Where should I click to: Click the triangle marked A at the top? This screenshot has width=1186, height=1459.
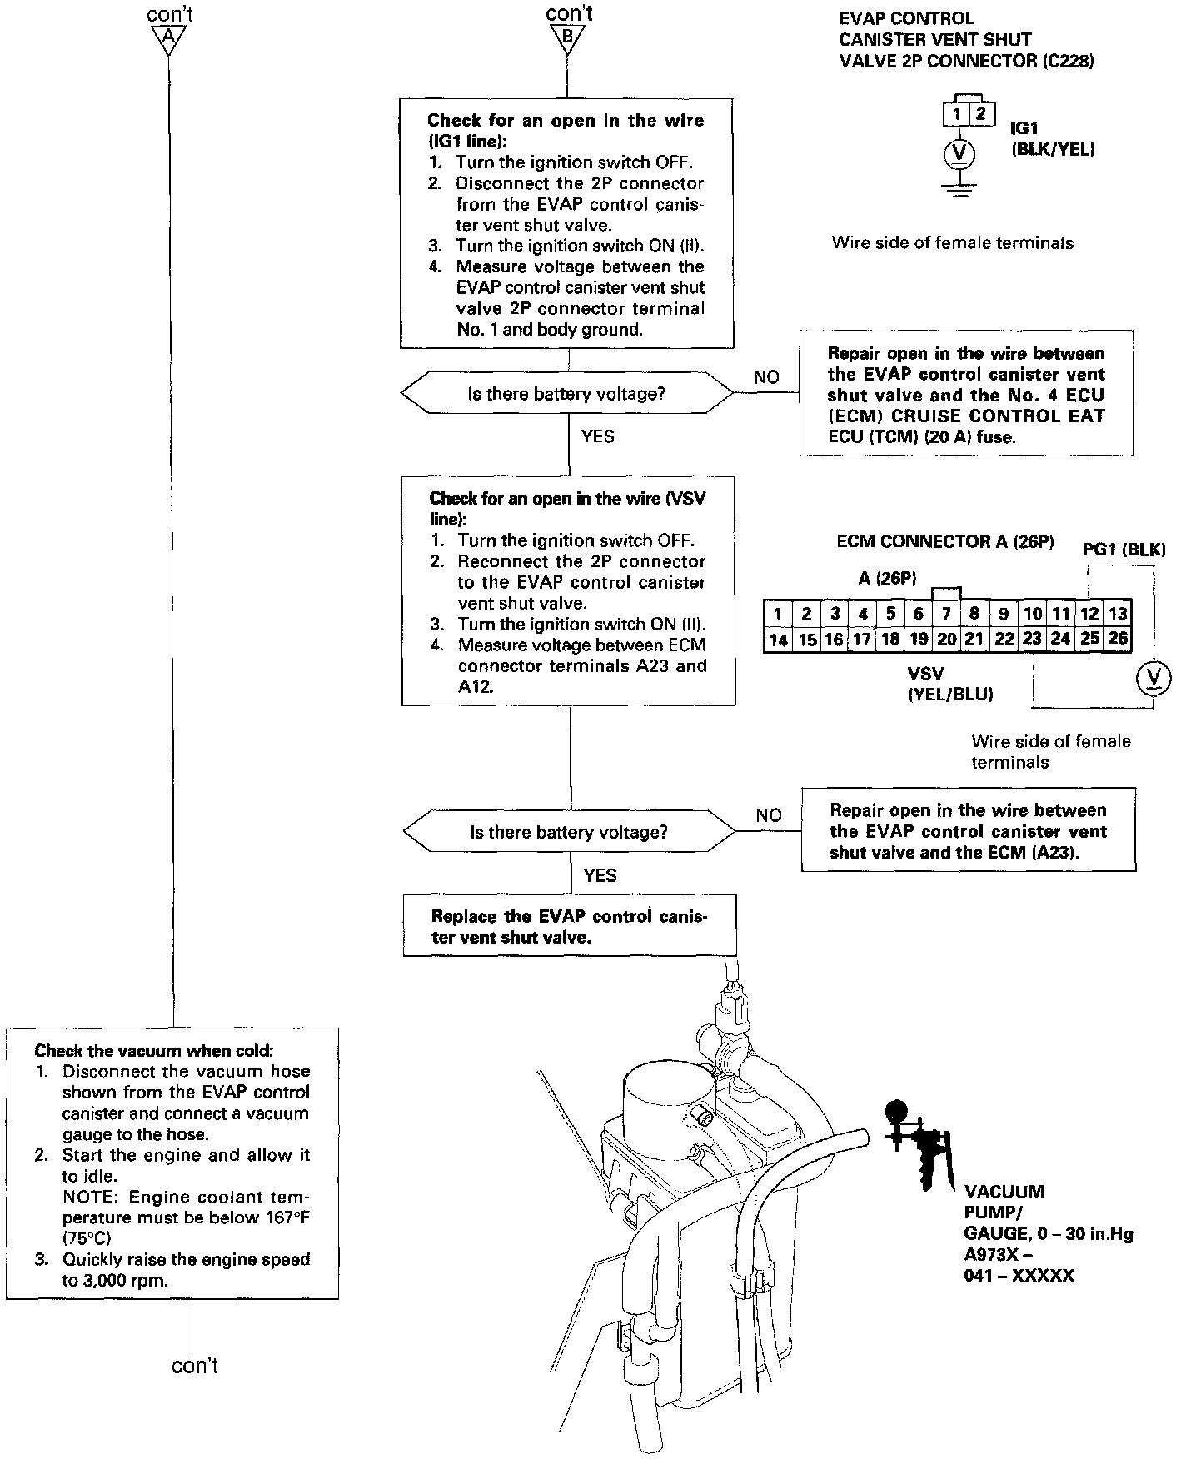[x=169, y=37]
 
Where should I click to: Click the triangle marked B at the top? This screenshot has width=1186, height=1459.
[x=568, y=37]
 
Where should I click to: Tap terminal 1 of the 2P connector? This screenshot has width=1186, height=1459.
[x=959, y=113]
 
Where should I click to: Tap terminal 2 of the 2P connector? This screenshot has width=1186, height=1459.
[x=980, y=113]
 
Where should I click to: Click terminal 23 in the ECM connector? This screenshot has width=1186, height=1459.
[x=1032, y=639]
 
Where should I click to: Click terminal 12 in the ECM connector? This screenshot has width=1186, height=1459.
[x=1089, y=615]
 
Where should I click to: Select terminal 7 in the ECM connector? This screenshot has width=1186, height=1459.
[x=946, y=615]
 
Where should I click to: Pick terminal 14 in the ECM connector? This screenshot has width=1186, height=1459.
[x=777, y=639]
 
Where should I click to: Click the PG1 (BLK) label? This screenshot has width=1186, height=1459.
[x=1124, y=550]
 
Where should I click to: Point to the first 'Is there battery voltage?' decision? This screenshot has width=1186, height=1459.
[x=567, y=394]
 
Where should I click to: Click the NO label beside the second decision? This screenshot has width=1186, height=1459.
[x=768, y=815]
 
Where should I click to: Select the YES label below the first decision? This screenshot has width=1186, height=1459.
[x=597, y=436]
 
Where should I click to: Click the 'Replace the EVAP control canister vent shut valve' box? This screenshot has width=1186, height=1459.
[x=570, y=927]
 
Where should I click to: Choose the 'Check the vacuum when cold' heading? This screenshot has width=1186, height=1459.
[x=153, y=1051]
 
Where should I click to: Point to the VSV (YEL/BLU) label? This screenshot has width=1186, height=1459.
[x=950, y=684]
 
